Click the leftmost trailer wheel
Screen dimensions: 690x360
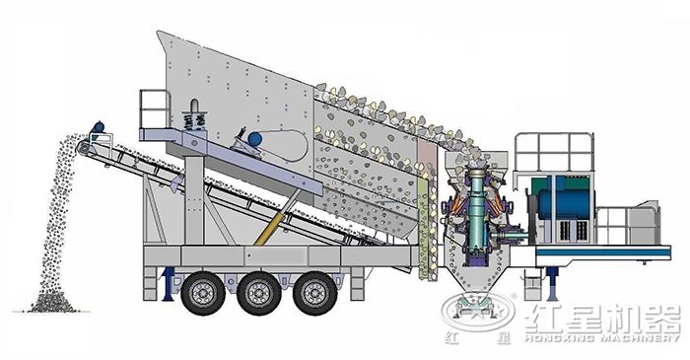click(x=203, y=293)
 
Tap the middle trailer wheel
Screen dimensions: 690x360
click(x=258, y=293)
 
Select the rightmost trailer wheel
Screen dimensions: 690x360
click(x=315, y=293)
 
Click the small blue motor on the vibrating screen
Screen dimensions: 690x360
click(x=255, y=139)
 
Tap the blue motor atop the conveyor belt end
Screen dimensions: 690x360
click(x=99, y=127)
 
